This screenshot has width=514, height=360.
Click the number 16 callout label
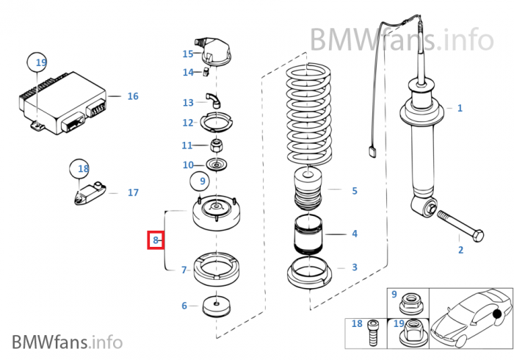pyautogui.click(x=132, y=96)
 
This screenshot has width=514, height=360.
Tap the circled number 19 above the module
pyautogui.click(x=37, y=62)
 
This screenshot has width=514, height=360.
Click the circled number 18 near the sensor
pyautogui.click(x=82, y=170)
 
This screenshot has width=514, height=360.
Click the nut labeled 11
pyautogui.click(x=217, y=143)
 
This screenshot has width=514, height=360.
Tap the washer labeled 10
pyautogui.click(x=217, y=165)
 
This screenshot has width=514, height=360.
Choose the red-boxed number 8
pyautogui.click(x=155, y=240)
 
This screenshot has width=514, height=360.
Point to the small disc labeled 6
pyautogui.click(x=217, y=305)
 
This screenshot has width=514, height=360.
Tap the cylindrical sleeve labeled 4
pyautogui.click(x=311, y=236)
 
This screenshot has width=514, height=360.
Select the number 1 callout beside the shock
pyautogui.click(x=460, y=109)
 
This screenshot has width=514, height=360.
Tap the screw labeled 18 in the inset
pyautogui.click(x=373, y=332)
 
